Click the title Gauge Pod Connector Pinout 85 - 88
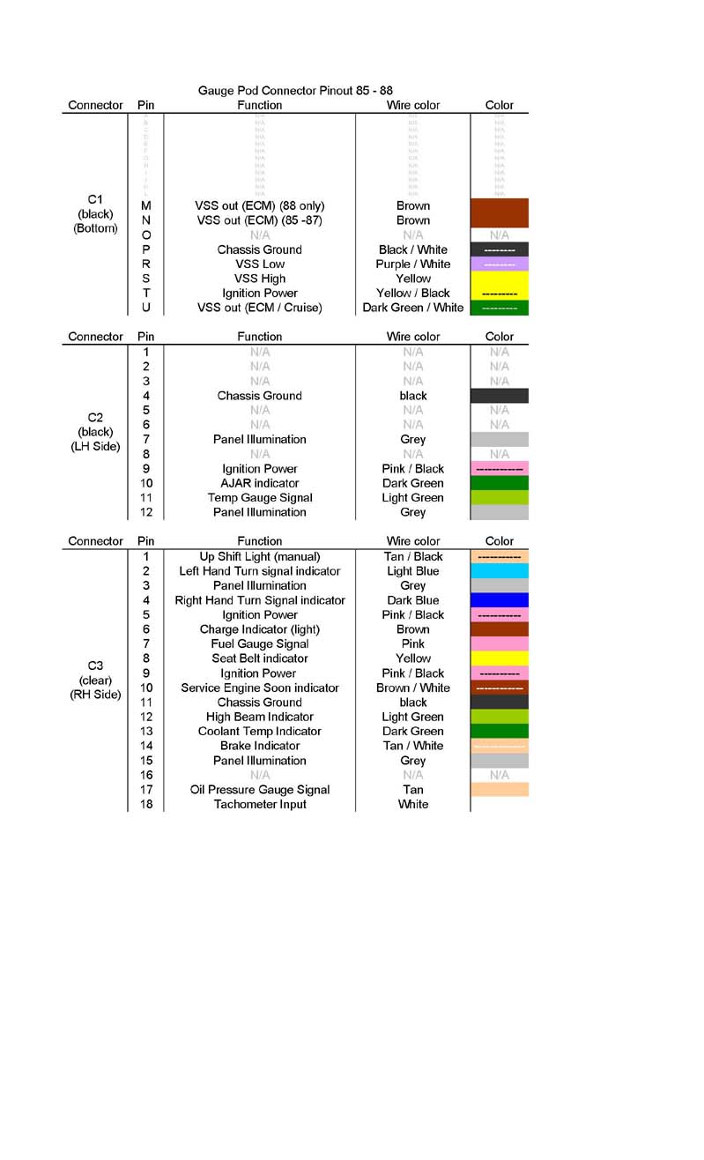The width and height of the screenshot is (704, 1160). point(295,91)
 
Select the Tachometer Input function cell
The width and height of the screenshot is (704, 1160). point(260,804)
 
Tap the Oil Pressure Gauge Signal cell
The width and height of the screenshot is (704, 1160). point(260,790)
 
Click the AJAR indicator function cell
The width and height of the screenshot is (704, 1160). point(260,483)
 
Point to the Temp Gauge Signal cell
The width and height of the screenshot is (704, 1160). point(260,498)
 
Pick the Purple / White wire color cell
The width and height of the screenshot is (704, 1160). point(412,264)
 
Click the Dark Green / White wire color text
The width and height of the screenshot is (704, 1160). point(412,308)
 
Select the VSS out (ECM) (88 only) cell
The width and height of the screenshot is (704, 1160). point(260,206)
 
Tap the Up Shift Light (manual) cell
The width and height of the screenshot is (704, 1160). point(260,556)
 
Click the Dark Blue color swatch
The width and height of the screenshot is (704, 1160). point(499,600)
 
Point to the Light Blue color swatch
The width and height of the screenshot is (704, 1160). point(499,571)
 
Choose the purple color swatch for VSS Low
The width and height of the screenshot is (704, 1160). point(499,264)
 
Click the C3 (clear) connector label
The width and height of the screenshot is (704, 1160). point(95,680)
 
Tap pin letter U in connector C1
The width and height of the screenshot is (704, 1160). point(146,308)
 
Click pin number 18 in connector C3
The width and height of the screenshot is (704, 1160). point(146,804)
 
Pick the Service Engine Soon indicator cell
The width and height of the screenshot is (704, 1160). point(260,688)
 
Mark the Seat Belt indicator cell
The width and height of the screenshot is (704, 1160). point(260,658)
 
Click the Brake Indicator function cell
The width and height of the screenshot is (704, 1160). point(260,746)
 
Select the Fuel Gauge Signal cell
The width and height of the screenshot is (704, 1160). point(260,644)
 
